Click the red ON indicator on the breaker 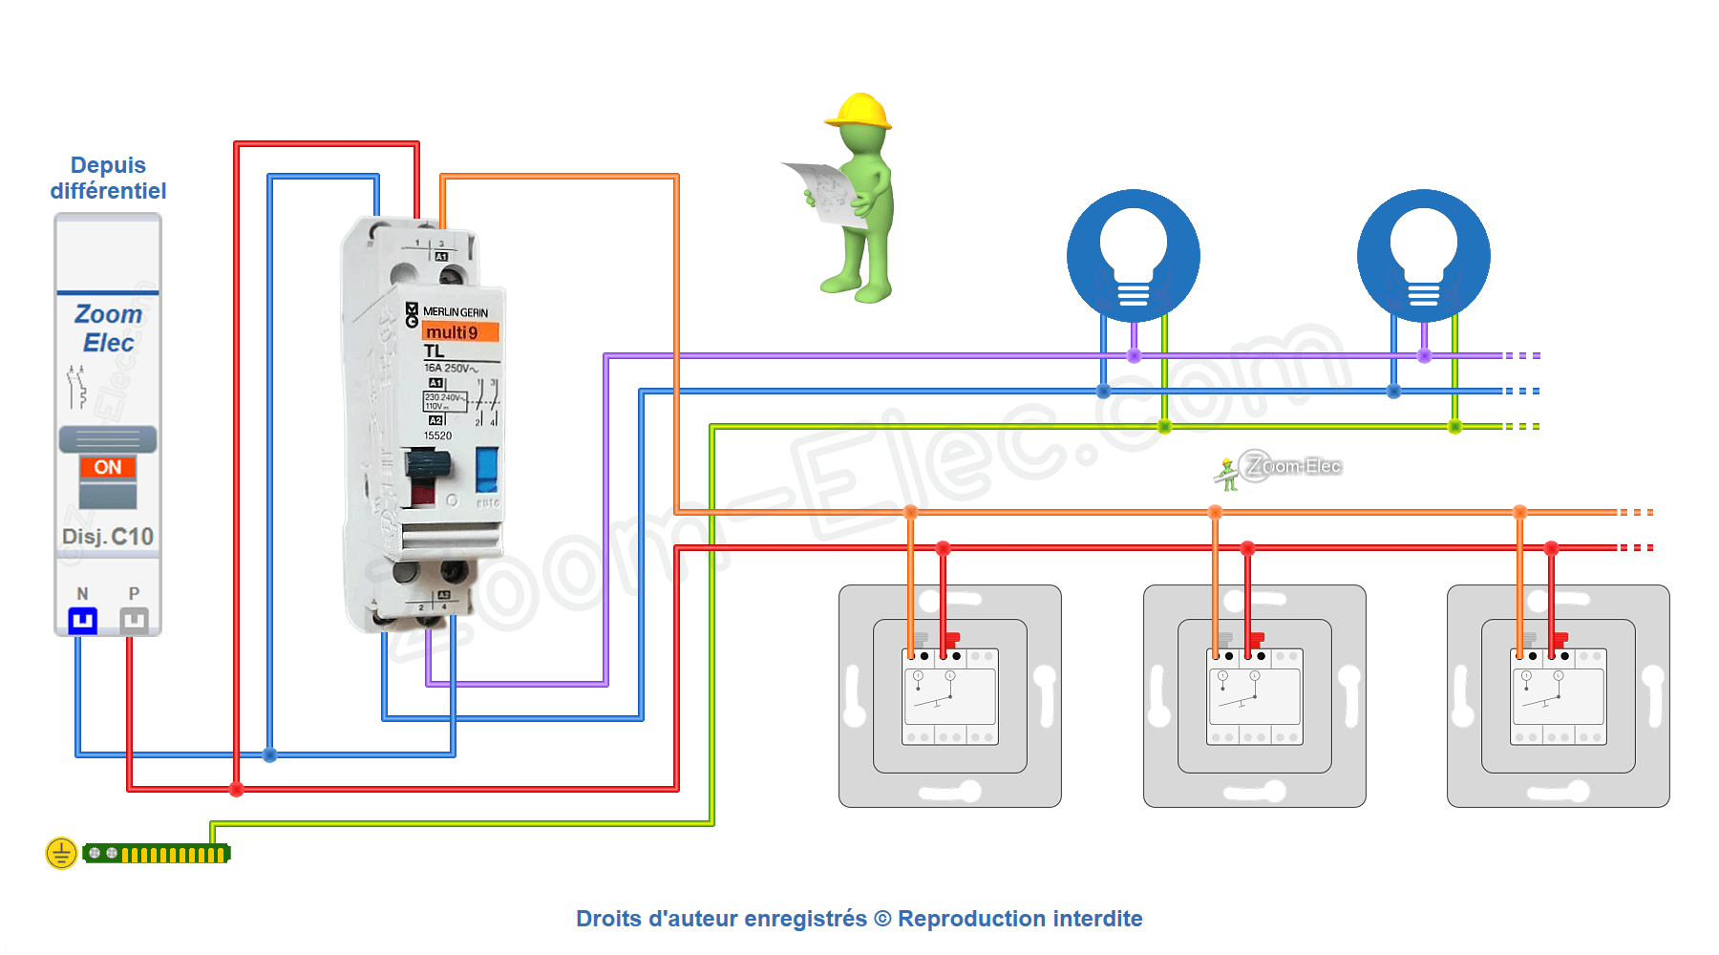click(x=108, y=467)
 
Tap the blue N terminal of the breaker click(x=83, y=621)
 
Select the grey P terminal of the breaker click(x=134, y=621)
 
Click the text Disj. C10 click(x=108, y=537)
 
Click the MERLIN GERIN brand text click(x=455, y=312)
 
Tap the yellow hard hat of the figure click(x=859, y=111)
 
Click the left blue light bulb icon click(x=1134, y=256)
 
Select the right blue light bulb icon click(x=1424, y=256)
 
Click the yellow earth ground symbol click(x=61, y=853)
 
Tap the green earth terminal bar click(x=157, y=854)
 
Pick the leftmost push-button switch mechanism click(x=950, y=696)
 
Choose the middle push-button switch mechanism click(x=1254, y=696)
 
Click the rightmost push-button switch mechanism click(x=1559, y=696)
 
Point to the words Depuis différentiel click(x=108, y=179)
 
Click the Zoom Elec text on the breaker click(x=108, y=328)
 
